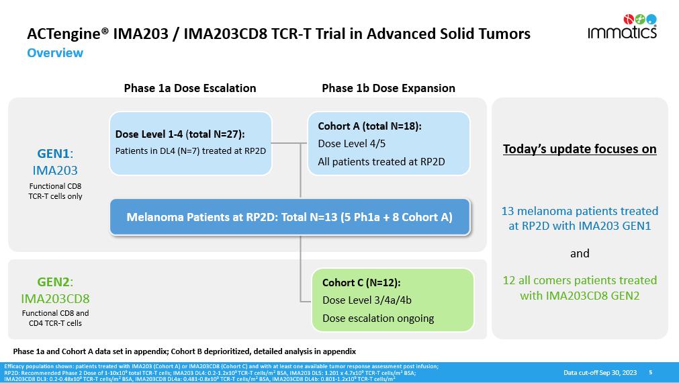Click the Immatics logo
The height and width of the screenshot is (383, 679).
pyautogui.click(x=623, y=26)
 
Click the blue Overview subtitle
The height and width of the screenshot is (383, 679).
pyautogui.click(x=55, y=53)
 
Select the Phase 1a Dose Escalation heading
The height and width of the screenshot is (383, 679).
pyautogui.click(x=189, y=88)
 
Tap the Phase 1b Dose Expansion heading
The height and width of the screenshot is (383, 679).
pyautogui.click(x=388, y=88)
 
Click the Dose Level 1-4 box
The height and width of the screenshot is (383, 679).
pyautogui.click(x=191, y=143)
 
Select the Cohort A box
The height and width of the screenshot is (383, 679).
pyautogui.click(x=389, y=143)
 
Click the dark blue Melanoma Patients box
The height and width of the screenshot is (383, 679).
pyautogui.click(x=289, y=217)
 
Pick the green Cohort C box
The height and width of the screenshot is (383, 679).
pyautogui.click(x=393, y=300)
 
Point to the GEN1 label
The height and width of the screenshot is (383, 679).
pyautogui.click(x=55, y=153)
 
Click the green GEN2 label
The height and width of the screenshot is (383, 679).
pyautogui.click(x=55, y=282)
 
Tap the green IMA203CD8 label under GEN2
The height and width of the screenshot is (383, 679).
pyautogui.click(x=55, y=298)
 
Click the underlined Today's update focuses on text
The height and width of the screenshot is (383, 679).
pyautogui.click(x=580, y=149)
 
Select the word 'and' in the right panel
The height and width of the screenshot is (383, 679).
pyautogui.click(x=580, y=253)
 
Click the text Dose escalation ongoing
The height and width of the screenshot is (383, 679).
pyautogui.click(x=378, y=318)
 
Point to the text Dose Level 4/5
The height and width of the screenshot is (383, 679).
pyautogui.click(x=352, y=143)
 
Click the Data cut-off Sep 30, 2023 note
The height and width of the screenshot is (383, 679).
pyautogui.click(x=600, y=373)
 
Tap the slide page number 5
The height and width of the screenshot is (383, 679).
pyautogui.click(x=650, y=372)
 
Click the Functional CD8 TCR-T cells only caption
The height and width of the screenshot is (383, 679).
pyautogui.click(x=55, y=191)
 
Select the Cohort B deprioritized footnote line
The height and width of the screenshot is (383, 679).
pyautogui.click(x=185, y=351)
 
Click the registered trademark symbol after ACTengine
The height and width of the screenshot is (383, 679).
pyautogui.click(x=105, y=30)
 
